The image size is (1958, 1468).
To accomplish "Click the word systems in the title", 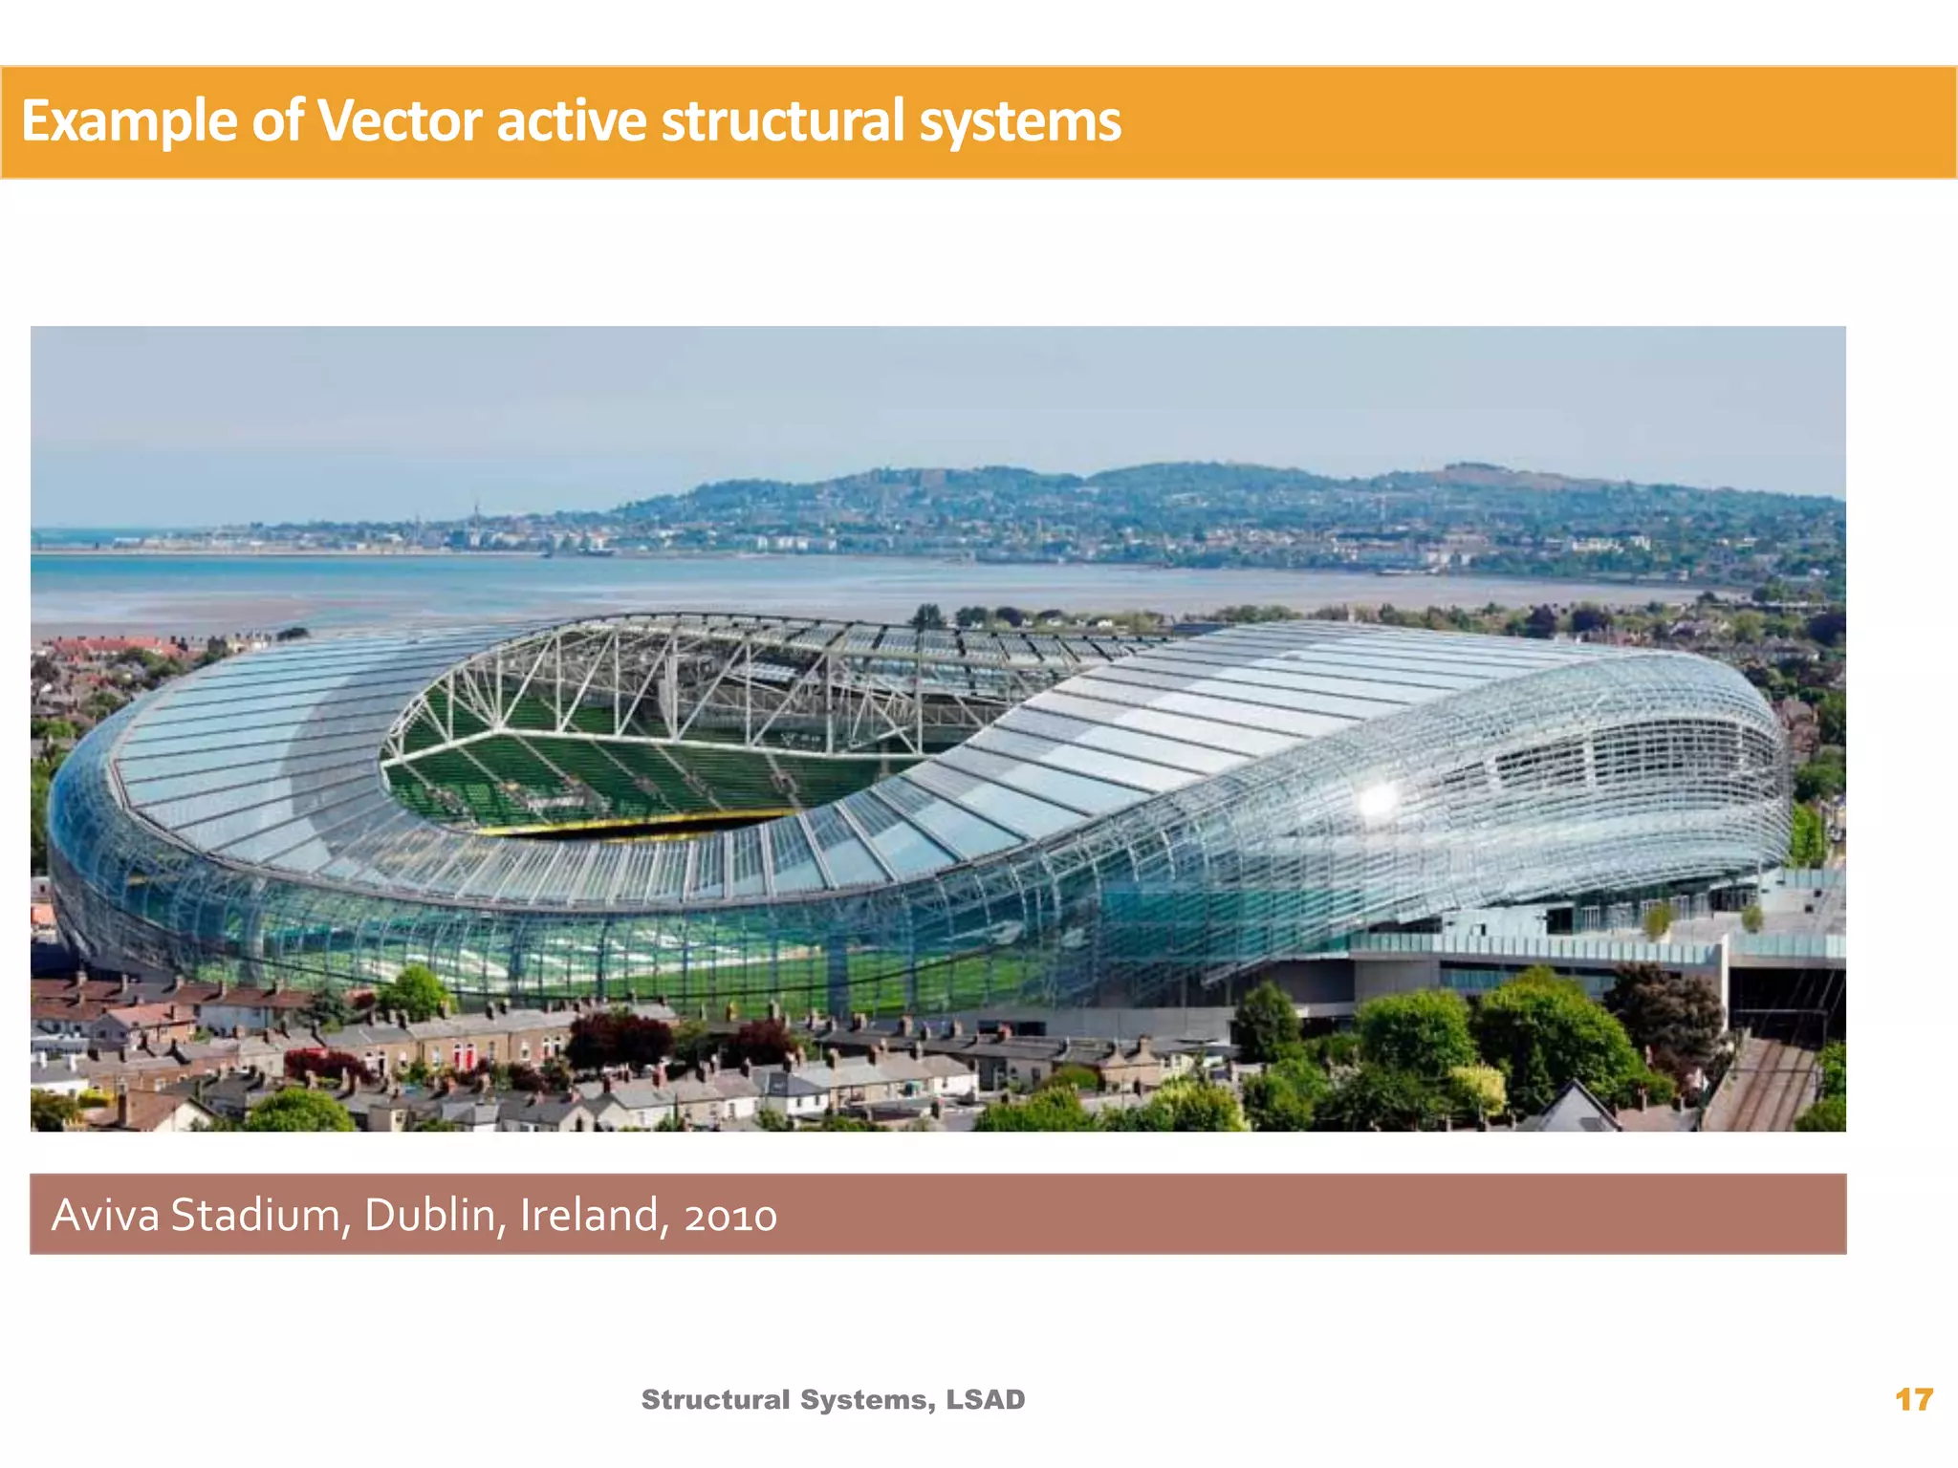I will pyautogui.click(x=1020, y=121).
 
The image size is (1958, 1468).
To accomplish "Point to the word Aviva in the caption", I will pyautogui.click(x=105, y=1215).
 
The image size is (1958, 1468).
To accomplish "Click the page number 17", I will pyautogui.click(x=1914, y=1400).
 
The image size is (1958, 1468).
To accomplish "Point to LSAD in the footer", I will pyautogui.click(x=986, y=1399).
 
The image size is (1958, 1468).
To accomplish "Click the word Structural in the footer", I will pyautogui.click(x=715, y=1399).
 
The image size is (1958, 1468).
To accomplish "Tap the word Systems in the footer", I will pyautogui.click(x=869, y=1399).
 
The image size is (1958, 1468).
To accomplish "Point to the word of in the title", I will pyautogui.click(x=276, y=121).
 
